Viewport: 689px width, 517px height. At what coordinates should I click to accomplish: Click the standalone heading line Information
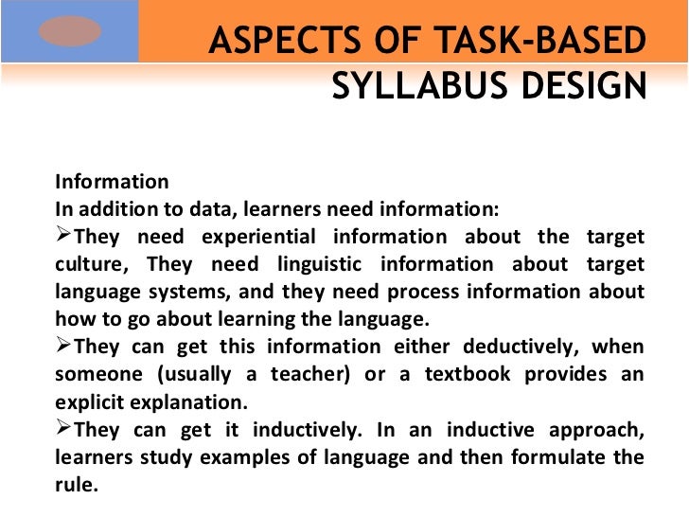point(112,182)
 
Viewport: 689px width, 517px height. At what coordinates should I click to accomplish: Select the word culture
point(87,264)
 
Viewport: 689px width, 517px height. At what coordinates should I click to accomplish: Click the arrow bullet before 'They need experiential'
point(63,236)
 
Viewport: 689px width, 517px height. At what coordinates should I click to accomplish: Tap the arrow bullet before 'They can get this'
point(63,346)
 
